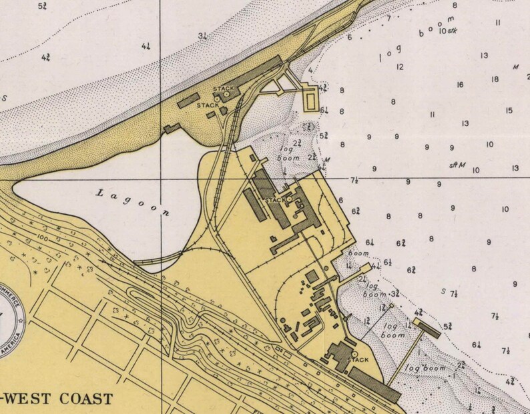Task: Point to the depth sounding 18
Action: tap(495, 79)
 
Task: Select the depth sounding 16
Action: tap(460, 85)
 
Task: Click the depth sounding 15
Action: tap(509, 111)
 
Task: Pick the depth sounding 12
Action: tap(400, 67)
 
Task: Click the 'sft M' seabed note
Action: tap(457, 166)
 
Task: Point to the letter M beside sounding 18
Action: tap(515, 67)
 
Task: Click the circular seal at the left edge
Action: tap(8, 319)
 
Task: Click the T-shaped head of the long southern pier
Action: tap(425, 325)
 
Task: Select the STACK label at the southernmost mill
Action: tap(357, 360)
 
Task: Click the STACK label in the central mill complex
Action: tap(274, 199)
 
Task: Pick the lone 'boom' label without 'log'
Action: tap(358, 254)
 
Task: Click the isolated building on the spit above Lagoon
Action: tap(172, 128)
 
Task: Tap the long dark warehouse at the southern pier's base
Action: tap(374, 384)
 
